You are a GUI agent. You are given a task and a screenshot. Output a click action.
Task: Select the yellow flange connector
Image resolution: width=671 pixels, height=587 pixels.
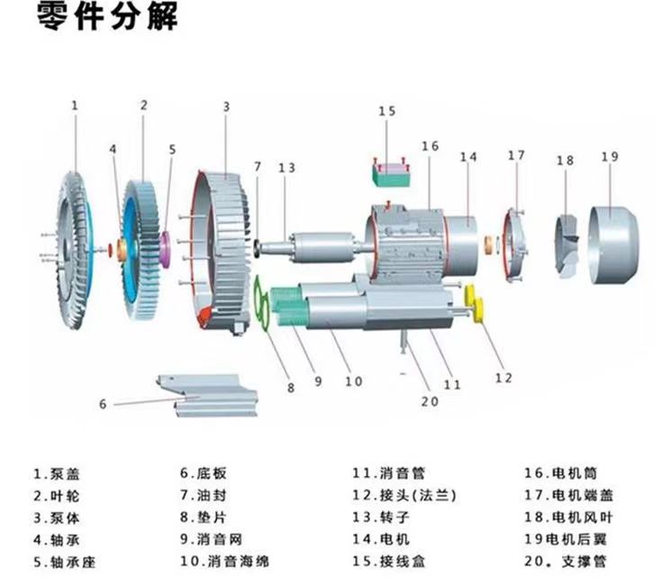coord(476,304)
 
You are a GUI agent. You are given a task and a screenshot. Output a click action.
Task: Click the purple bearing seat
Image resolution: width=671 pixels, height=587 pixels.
coord(167,245)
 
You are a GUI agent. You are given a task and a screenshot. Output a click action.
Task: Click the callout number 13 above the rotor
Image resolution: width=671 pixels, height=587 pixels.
coord(286,168)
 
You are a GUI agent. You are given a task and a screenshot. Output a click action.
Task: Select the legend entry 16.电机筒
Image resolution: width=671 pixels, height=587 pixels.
coord(560,472)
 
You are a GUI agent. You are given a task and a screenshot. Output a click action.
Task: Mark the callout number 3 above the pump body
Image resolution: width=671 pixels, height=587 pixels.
coord(226,106)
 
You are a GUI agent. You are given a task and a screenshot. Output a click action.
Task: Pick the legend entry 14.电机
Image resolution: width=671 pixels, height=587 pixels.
coord(381,539)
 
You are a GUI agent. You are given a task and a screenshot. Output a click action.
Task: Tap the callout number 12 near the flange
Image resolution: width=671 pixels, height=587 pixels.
coord(503,377)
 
